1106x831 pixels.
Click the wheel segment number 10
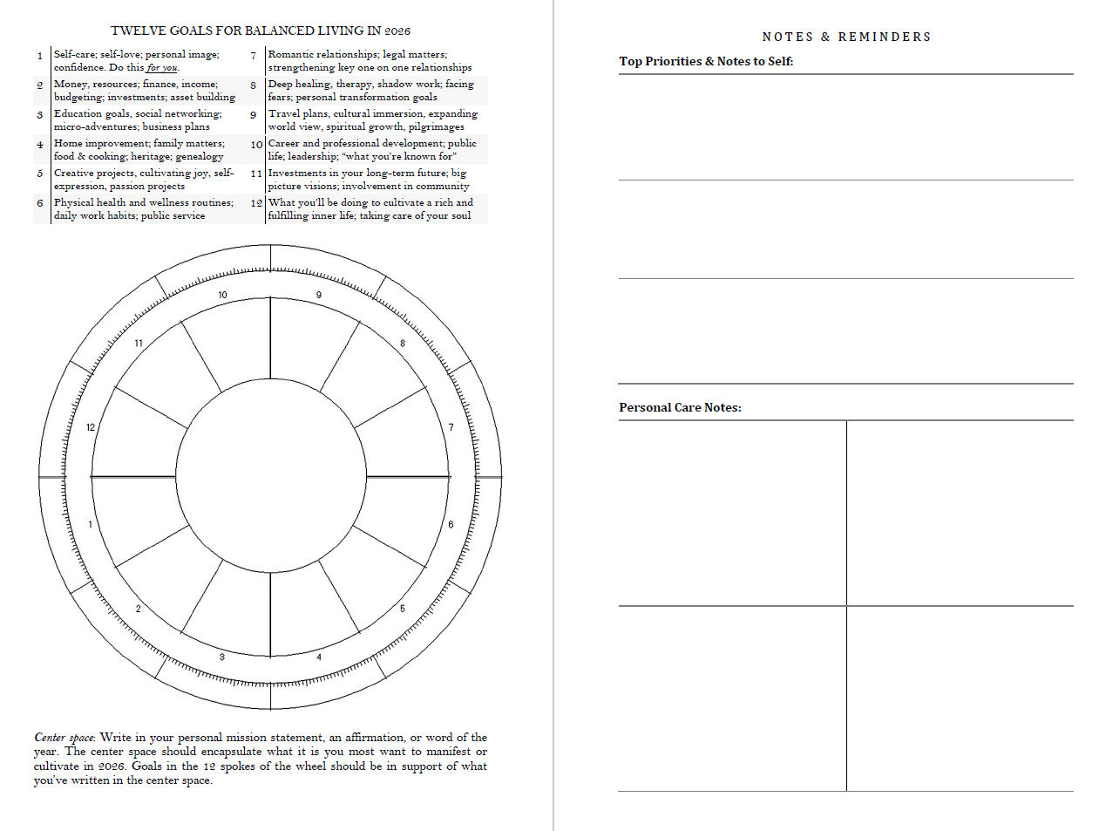coord(222,295)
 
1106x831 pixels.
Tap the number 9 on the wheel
coord(319,295)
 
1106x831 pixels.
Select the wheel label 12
coord(91,427)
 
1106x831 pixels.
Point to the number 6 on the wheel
coord(451,525)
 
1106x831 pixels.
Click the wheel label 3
coord(222,657)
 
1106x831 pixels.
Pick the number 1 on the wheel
coord(91,525)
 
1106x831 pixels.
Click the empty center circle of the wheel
coord(270,477)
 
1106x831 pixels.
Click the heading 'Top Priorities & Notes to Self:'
coord(706,61)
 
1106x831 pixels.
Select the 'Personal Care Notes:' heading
coord(680,407)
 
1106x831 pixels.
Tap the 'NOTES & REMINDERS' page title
coord(846,37)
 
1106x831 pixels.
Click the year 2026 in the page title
coord(397,31)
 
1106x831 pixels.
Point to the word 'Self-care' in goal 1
coord(74,54)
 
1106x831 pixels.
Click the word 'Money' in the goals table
coord(71,84)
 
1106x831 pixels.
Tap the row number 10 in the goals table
coord(256,144)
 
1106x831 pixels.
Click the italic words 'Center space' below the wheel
coord(64,738)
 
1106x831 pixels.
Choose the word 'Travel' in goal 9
coord(283,113)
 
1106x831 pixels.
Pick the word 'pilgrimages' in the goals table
coord(437,126)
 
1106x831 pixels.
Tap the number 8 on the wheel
coord(403,344)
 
